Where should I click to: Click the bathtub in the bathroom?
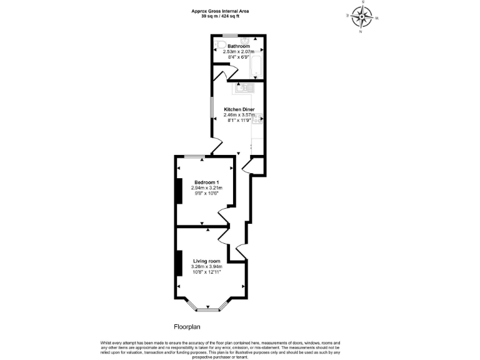pos(256,67)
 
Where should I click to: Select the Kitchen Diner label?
pos(239,109)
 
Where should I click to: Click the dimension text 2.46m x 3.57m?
pos(239,115)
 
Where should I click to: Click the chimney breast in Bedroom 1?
pos(179,191)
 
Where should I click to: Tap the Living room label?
pos(206,261)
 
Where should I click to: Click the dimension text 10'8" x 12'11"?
pos(206,272)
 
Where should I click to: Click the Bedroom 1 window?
pos(194,156)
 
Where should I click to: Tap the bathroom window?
pos(230,35)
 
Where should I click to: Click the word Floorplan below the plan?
pos(187,327)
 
